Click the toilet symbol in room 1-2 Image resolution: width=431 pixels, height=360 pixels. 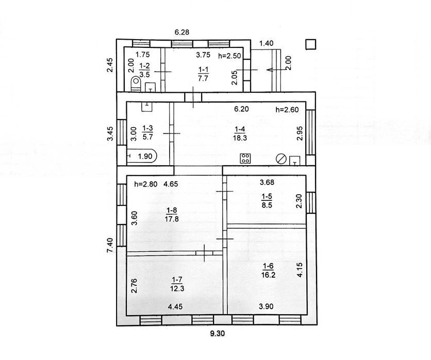pos(136,84)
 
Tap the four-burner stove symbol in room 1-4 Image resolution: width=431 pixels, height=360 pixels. pos(245,159)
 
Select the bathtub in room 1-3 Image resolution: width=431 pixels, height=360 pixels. pos(142,157)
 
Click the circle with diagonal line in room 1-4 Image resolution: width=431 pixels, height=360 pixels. pos(281,159)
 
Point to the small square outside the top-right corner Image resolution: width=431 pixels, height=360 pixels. pos(311,44)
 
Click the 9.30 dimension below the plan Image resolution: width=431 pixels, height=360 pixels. pos(217,333)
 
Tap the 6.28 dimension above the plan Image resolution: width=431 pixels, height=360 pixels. pos(182,32)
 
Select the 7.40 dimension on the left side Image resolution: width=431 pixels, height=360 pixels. pos(110,245)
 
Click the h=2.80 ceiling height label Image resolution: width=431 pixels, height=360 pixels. pos(146,184)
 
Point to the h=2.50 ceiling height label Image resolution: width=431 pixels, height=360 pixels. pos(229,56)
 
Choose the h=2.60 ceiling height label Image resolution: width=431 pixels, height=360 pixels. pos(287,110)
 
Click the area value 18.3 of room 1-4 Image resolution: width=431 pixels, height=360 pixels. pos(240,138)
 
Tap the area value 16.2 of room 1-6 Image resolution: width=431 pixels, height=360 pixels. pos(268,275)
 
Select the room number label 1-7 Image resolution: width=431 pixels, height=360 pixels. pos(177,280)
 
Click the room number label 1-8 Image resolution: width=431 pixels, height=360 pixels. pos(172,210)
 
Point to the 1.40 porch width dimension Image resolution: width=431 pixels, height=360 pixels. pos(267,43)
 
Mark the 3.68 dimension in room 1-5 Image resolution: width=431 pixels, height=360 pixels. pos(267,182)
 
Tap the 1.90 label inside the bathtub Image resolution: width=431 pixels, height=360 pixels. pos(145,156)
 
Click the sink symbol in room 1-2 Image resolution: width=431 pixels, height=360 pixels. pos(151,87)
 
